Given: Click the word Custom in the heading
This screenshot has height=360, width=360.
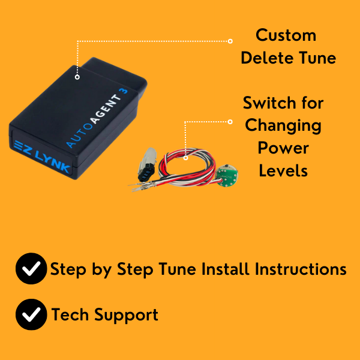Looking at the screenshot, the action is (286, 35).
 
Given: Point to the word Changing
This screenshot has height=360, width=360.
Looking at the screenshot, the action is (283, 126).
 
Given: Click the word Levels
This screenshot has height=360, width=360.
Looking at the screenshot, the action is (283, 170).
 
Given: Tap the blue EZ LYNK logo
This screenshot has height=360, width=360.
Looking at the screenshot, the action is (42, 157).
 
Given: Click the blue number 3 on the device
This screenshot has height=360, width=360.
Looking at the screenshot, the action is (124, 91).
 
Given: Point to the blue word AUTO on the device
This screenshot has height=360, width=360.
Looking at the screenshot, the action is (79, 136).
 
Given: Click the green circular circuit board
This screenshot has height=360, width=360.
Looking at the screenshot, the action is (227, 177).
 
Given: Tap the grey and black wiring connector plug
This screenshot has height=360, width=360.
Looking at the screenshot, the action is (147, 164).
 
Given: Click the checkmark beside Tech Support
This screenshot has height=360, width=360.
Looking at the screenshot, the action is (31, 314).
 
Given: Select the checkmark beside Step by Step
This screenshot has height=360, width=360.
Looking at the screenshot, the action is (31, 269).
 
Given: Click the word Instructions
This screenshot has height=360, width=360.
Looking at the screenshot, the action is (301, 269).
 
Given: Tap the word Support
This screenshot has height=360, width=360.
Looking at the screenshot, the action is (126, 315).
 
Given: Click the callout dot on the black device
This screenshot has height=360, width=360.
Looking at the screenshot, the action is (77, 77).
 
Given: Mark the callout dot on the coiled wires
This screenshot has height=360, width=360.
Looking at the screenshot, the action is (186, 158).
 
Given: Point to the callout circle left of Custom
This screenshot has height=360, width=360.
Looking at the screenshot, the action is (230, 41).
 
